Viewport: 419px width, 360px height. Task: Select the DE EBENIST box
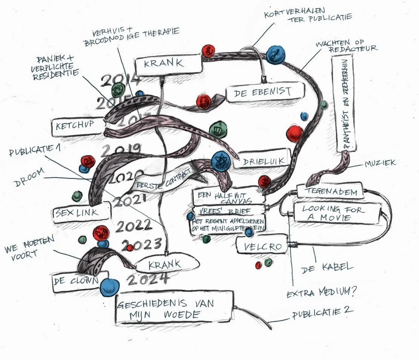(x=265, y=92)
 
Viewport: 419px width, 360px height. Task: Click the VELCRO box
(x=263, y=247)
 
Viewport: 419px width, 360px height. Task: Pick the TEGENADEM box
(x=331, y=191)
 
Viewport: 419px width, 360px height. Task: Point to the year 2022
(x=134, y=226)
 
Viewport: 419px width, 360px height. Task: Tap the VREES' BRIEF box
(x=227, y=211)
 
